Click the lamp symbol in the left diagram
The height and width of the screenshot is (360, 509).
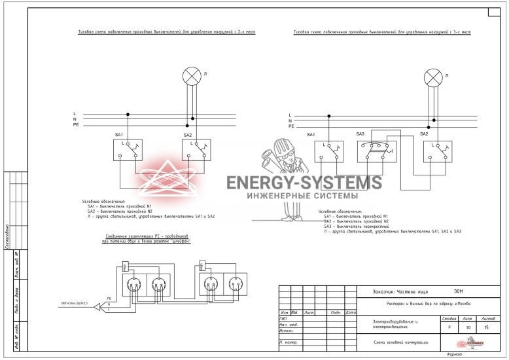point(191,76)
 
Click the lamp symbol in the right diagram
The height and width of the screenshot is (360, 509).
point(433,79)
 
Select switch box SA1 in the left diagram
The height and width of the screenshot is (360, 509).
point(128,150)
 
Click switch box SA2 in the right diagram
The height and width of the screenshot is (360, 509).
point(437,151)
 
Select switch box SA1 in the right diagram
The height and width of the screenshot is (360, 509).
point(328,151)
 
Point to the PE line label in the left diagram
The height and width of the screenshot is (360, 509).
point(76,124)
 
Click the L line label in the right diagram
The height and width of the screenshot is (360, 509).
point(290,116)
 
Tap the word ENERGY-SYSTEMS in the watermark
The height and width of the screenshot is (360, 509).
point(304,183)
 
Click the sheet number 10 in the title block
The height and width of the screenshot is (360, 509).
point(468,327)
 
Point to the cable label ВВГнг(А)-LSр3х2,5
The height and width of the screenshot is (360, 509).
point(75,304)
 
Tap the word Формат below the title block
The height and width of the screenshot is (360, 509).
point(455,354)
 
